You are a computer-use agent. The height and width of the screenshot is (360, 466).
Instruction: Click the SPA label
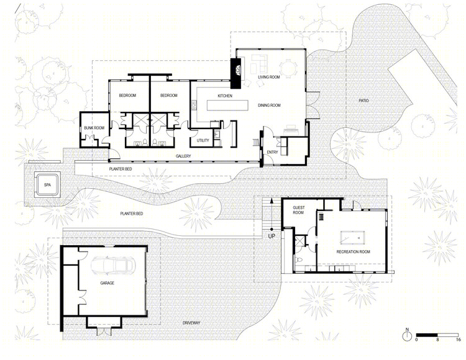tap(47, 185)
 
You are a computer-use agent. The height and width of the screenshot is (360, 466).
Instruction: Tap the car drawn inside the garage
tap(112, 264)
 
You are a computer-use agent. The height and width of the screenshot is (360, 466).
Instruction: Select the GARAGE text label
tap(107, 283)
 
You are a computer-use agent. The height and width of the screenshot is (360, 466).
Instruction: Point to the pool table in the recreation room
tap(352, 237)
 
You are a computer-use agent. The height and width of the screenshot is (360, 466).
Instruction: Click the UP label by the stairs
tap(272, 236)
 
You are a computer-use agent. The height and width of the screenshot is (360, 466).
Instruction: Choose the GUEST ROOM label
tap(299, 210)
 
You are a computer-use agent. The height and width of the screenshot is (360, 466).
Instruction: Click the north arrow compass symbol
tap(407, 335)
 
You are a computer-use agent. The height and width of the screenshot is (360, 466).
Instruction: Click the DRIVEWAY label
tap(191, 323)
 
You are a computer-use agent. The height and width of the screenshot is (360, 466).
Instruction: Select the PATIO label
tap(363, 101)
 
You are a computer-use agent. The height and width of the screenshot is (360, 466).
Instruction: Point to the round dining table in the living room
tap(288, 68)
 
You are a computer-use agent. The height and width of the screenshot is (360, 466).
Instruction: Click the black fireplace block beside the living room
tap(235, 73)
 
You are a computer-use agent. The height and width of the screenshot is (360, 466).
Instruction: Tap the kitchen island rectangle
tap(227, 106)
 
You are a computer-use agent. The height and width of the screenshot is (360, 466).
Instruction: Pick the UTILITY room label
tap(203, 140)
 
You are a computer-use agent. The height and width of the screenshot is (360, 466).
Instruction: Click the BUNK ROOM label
tap(94, 128)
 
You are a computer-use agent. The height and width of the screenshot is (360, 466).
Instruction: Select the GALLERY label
tap(183, 156)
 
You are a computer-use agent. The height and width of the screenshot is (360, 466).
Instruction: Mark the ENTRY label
tap(272, 152)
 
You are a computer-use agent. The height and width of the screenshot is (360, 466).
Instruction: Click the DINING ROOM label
tap(269, 106)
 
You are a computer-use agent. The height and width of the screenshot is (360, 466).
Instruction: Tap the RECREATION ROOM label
tap(354, 251)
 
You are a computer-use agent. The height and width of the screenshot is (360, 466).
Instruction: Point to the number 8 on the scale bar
tap(437, 340)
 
